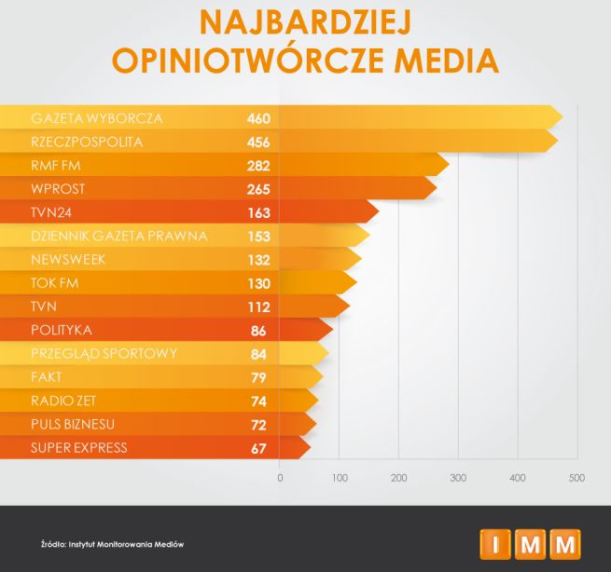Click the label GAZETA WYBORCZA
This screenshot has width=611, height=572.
point(97,118)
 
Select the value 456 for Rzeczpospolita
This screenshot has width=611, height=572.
point(258,143)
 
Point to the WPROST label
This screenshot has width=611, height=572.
point(59,189)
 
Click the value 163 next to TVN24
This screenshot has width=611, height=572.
point(258,212)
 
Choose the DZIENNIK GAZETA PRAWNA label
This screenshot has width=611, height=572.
point(119,236)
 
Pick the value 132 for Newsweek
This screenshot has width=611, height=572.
point(258,260)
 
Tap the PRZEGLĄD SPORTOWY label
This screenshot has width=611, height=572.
point(104,354)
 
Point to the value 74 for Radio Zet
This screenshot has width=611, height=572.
point(258,402)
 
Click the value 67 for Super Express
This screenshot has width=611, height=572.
point(258,448)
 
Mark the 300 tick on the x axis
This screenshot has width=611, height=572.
point(458,478)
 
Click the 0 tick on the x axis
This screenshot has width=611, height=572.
point(281,478)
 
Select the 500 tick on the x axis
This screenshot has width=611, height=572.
point(576,478)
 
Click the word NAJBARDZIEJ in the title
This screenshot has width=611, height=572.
point(304,20)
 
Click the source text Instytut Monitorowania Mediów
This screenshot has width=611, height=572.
point(125,543)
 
